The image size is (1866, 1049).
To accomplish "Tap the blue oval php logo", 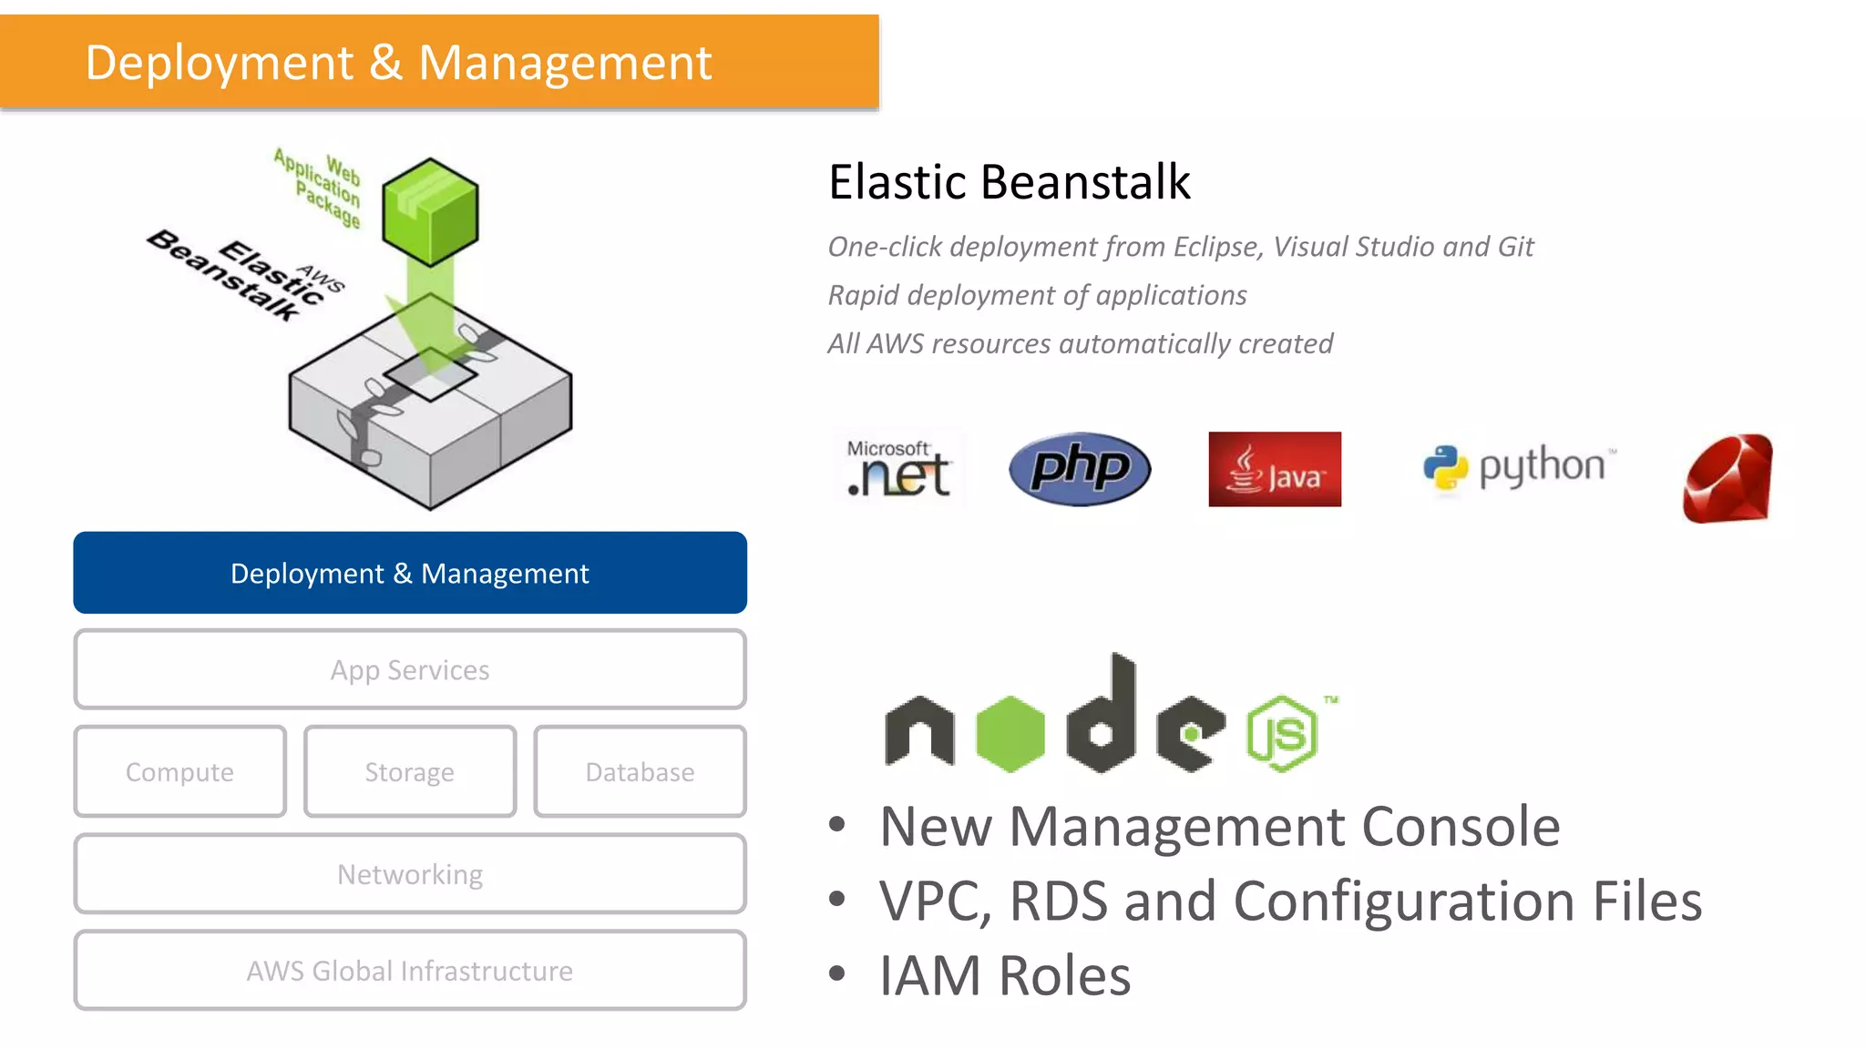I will [1080, 469].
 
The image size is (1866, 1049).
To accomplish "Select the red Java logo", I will [1275, 469].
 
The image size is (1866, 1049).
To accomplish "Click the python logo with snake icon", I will [1518, 467].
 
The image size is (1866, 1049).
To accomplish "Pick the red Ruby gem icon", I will [1728, 479].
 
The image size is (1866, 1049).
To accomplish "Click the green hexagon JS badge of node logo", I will [1282, 734].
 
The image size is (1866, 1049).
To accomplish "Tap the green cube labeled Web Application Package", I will [430, 211].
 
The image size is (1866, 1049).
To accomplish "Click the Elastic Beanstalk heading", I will [1009, 181].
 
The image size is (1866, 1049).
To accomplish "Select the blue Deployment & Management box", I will [410, 573].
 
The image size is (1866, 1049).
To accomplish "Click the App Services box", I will [410, 669].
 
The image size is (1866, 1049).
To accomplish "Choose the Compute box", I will [179, 771].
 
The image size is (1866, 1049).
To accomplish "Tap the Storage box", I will [410, 771].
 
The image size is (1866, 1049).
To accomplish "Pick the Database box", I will [640, 771].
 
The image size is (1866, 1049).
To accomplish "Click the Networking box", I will [410, 874].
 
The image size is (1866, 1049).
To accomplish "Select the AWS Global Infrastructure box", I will [410, 971].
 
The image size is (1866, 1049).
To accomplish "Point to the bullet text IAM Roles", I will [1004, 975].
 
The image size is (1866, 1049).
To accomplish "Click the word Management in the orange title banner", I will [565, 64].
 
